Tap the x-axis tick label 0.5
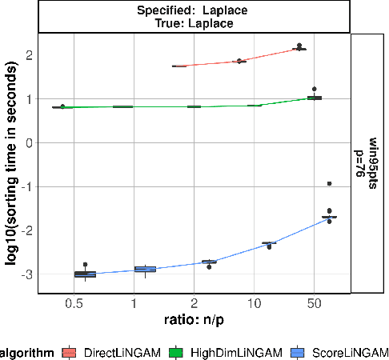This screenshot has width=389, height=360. [74, 304]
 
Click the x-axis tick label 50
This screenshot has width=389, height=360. [314, 304]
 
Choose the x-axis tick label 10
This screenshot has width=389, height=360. [254, 304]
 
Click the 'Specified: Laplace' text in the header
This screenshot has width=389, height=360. [194, 12]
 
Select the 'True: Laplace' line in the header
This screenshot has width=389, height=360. [194, 24]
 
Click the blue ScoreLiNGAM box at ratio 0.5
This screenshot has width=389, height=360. [85, 274]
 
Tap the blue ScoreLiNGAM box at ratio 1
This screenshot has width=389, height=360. [145, 270]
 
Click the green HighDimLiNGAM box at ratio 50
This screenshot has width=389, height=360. [315, 98]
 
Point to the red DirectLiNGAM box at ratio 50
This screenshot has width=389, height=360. [299, 49]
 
